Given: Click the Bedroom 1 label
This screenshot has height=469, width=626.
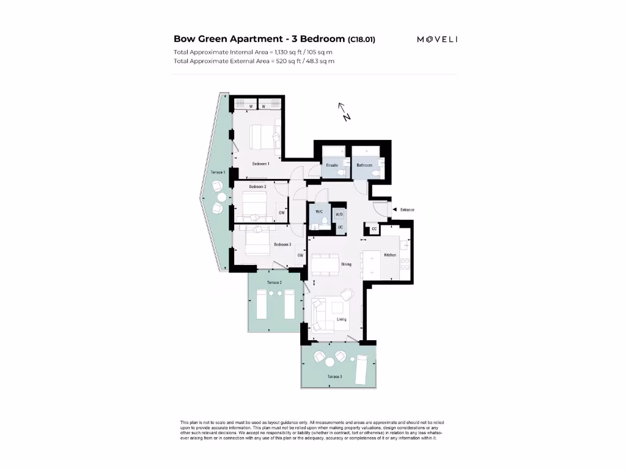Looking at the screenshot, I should tap(261, 164).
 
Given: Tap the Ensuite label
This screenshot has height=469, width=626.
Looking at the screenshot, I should tap(333, 165).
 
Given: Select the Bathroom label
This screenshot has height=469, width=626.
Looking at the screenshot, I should tap(364, 165).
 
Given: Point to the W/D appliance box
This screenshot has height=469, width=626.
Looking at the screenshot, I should tap(339, 214).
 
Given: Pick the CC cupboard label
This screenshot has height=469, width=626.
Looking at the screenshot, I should tap(373, 230).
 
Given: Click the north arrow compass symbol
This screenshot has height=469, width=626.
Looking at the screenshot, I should tap(344, 112).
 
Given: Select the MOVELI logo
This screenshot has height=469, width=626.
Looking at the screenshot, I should tap(437, 40).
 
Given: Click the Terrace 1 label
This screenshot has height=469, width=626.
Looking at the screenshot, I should tap(218, 173).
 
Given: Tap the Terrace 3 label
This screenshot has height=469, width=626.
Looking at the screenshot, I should tap(334, 377).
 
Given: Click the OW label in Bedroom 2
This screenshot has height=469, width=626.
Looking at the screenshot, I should tap(281, 213).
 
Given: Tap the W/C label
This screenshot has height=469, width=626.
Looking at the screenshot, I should tap(319, 212).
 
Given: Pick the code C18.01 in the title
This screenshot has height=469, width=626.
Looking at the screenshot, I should tap(361, 40).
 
